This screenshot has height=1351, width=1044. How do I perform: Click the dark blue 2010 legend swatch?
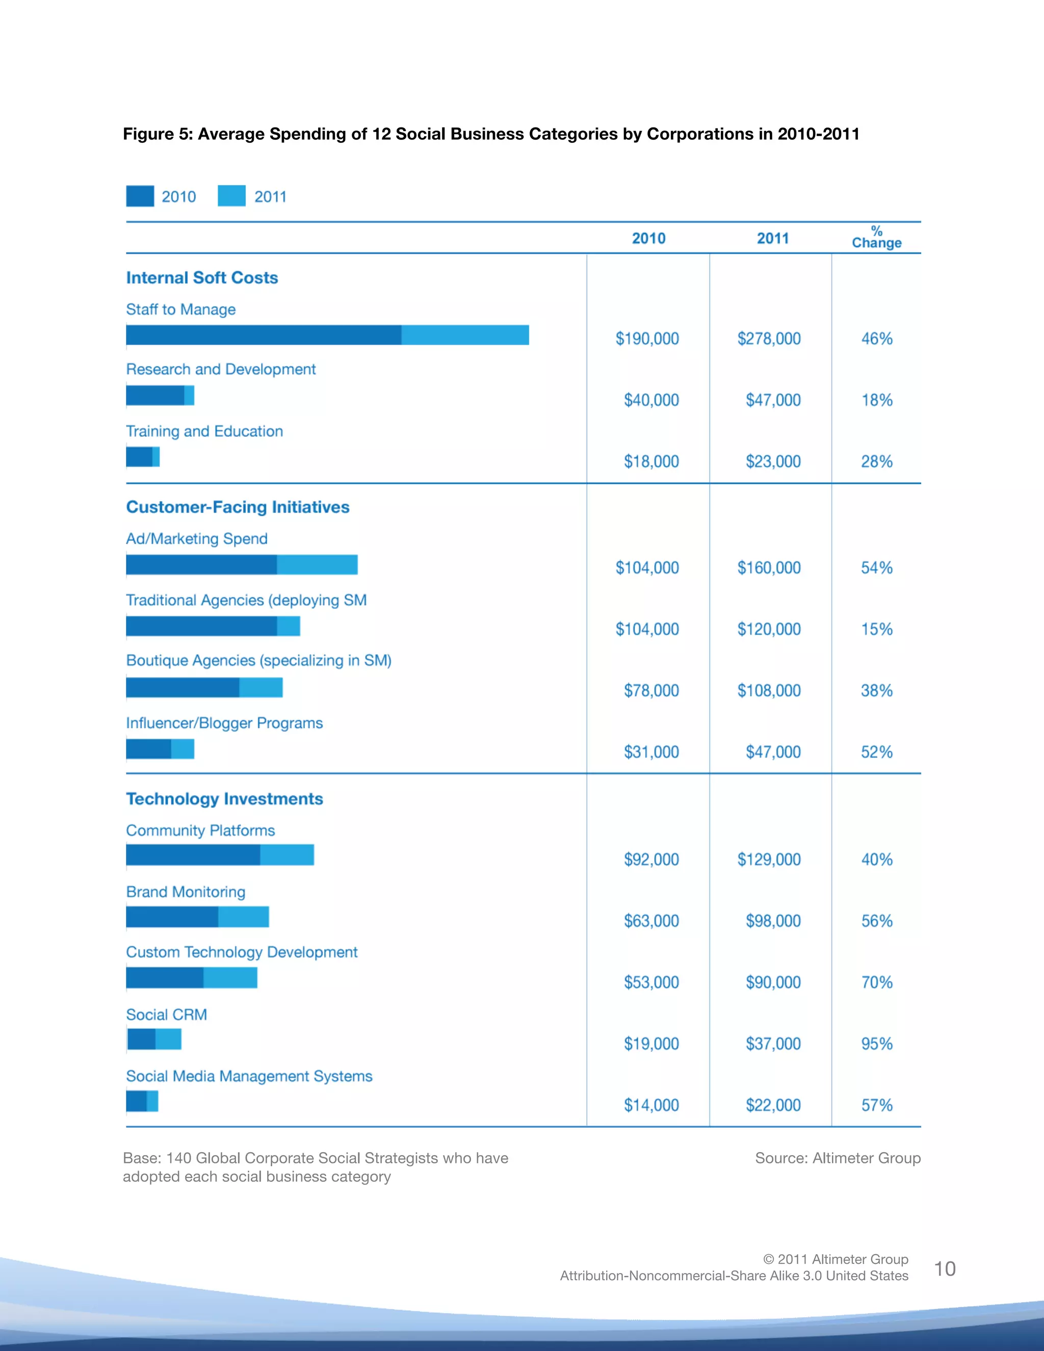(140, 196)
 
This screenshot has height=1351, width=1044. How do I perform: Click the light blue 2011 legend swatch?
(232, 196)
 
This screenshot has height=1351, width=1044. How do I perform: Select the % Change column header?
(876, 238)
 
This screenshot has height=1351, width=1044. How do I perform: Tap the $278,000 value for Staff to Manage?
(769, 339)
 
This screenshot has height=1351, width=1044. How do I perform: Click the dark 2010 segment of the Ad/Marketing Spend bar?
(201, 565)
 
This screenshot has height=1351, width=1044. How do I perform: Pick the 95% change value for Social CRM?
(876, 1044)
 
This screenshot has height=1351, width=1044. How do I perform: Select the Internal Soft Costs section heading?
(202, 278)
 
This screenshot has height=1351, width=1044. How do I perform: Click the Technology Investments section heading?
(224, 798)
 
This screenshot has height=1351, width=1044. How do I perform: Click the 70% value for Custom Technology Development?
(876, 982)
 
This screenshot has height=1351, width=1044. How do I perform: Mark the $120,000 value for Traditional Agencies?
(769, 629)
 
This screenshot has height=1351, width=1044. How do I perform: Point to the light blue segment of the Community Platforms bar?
(287, 855)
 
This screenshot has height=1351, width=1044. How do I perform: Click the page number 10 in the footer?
(945, 1269)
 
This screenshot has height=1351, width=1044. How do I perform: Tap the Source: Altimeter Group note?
(838, 1158)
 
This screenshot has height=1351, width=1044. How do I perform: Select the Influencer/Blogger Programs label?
(224, 723)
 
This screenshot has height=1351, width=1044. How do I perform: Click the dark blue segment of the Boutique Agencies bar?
(182, 687)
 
